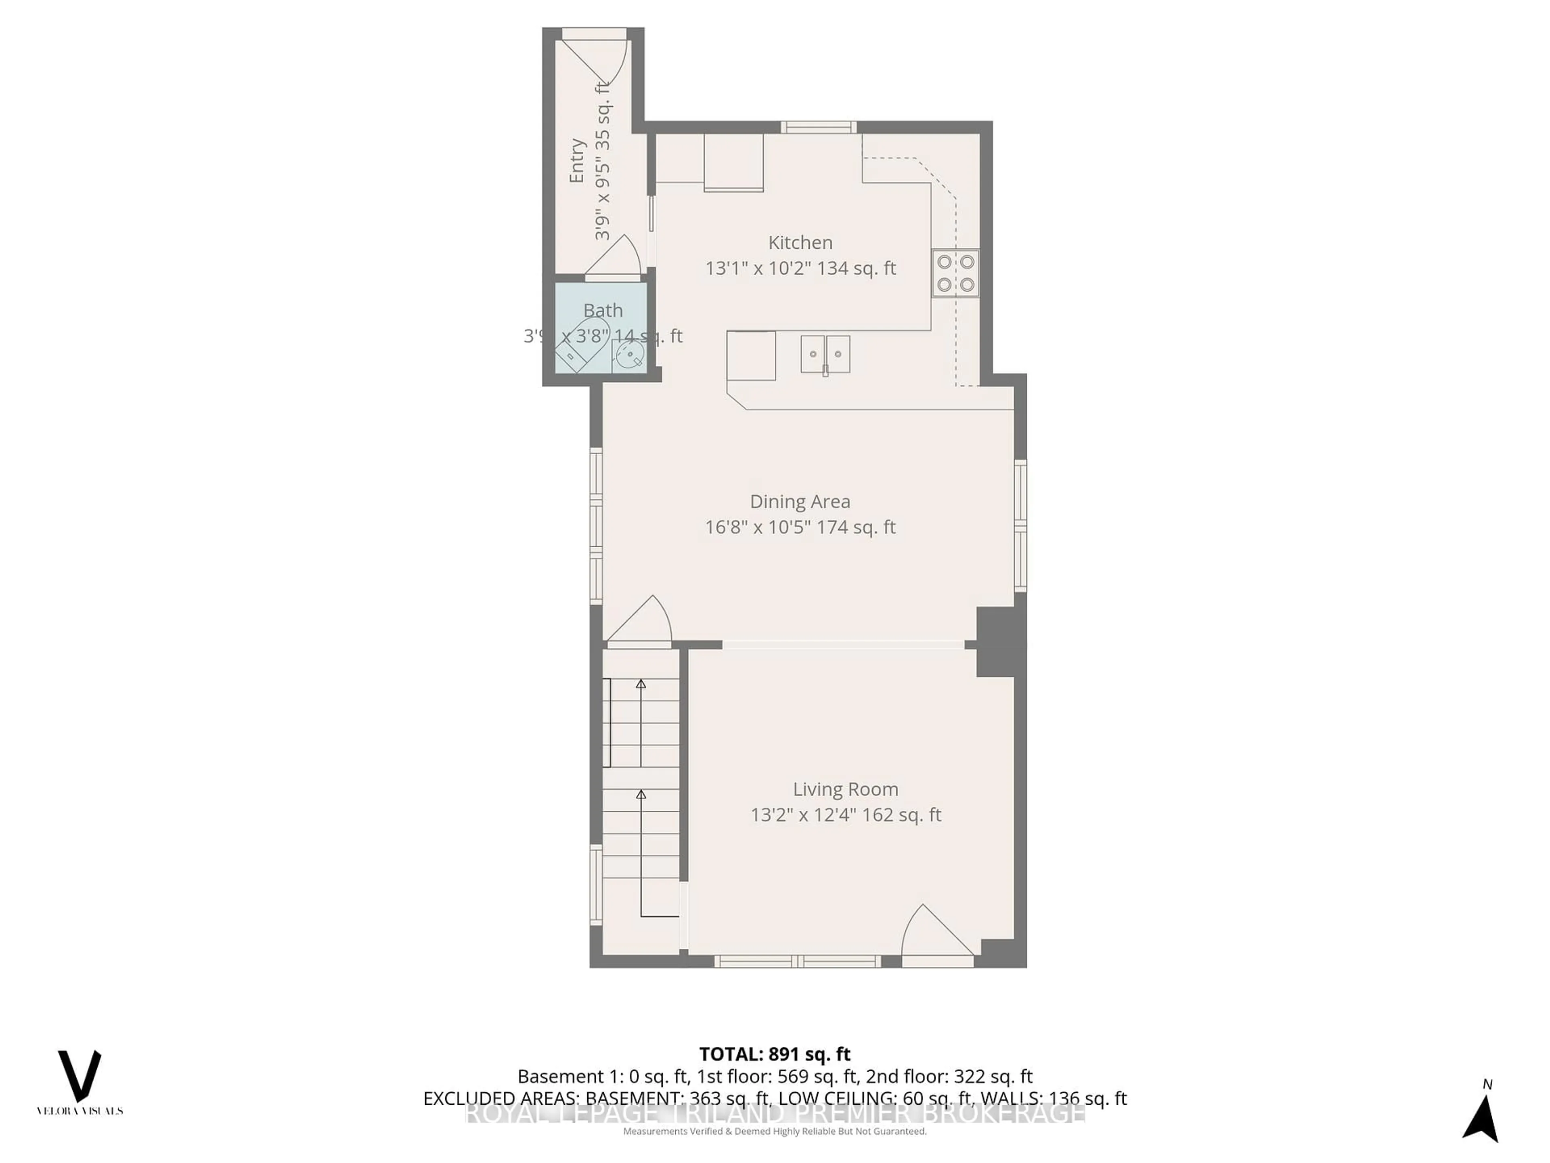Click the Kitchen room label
(800, 243)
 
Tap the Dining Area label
(800, 502)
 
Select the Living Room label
(845, 789)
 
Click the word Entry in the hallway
(577, 161)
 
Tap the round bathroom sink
(628, 355)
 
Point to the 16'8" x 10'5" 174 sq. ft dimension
(800, 527)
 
